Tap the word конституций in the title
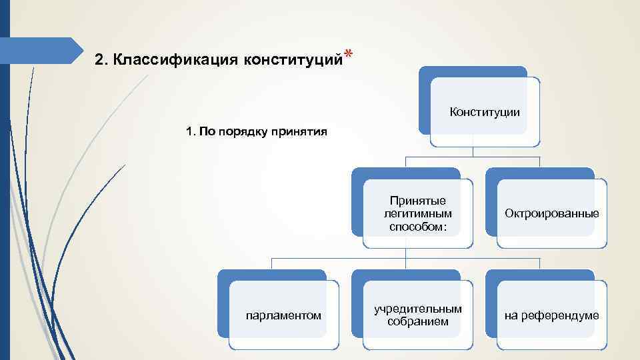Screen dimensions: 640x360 coord(293,60)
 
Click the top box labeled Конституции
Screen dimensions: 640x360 coord(485,112)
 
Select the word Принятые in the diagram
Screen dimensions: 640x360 coord(418,201)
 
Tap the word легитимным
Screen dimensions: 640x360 coord(418,213)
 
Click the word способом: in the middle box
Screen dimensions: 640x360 coord(418,226)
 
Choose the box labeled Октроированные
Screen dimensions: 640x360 coord(551,213)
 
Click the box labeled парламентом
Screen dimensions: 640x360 coord(283,315)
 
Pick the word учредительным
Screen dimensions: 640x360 coord(418,309)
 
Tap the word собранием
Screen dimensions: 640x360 coord(418,322)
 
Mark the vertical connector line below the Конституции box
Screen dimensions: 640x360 coord(473,151)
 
